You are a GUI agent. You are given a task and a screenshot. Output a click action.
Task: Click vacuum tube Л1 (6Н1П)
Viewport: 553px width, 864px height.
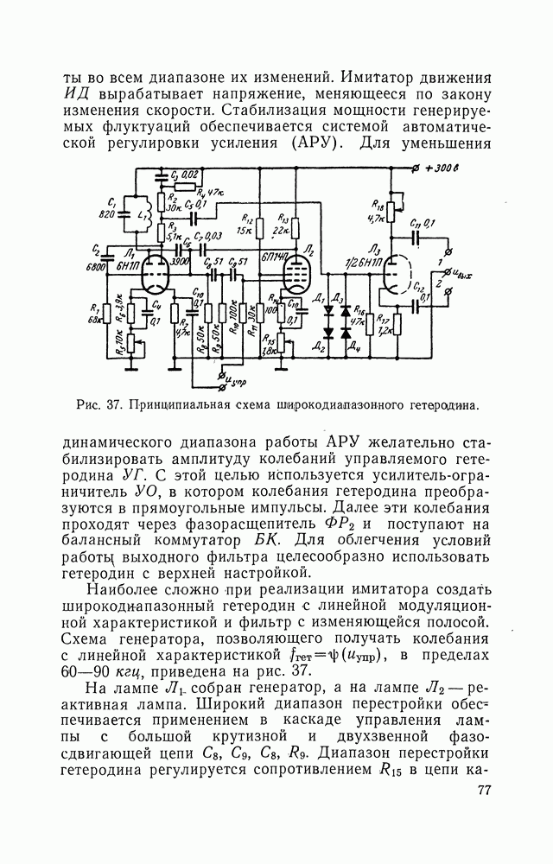coord(154,276)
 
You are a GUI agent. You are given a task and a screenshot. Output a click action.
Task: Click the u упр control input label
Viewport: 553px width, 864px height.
coord(232,380)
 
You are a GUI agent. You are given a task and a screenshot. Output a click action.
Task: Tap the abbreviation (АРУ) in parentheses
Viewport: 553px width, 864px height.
coord(315,143)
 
